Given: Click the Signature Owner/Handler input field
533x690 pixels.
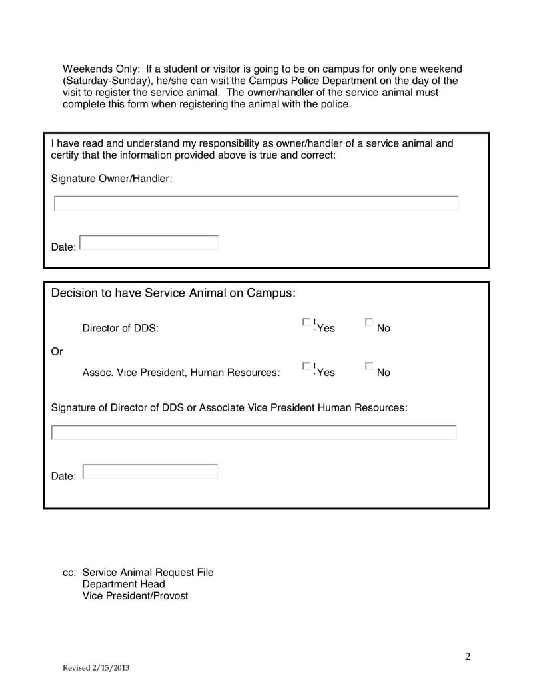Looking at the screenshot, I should (x=256, y=203).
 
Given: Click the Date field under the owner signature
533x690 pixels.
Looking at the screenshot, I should (x=149, y=243).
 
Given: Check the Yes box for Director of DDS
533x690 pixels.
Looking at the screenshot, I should (x=306, y=322).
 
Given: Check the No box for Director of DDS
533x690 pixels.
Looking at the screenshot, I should (x=369, y=322).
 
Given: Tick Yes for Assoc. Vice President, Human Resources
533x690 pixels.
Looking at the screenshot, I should (x=306, y=366).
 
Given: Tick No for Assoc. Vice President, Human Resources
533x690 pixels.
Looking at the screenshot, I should (x=369, y=366).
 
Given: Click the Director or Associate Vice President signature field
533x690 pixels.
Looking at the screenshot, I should (x=254, y=433).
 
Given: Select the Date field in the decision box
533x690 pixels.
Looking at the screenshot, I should (x=150, y=471).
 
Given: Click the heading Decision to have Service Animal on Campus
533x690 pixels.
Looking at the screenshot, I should (x=173, y=293).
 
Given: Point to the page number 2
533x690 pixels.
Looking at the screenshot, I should (x=468, y=657).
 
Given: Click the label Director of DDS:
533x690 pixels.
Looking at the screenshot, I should (x=120, y=328).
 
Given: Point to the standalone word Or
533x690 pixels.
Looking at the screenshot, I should (x=57, y=351).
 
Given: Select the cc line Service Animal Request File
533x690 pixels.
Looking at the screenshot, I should (x=147, y=573).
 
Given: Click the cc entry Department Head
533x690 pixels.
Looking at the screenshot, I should (x=123, y=584).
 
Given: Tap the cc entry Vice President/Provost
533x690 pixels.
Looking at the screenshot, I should (x=135, y=595).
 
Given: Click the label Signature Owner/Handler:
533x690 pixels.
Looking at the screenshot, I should (x=112, y=178).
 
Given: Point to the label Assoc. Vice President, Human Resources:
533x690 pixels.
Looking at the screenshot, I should (x=181, y=373).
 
